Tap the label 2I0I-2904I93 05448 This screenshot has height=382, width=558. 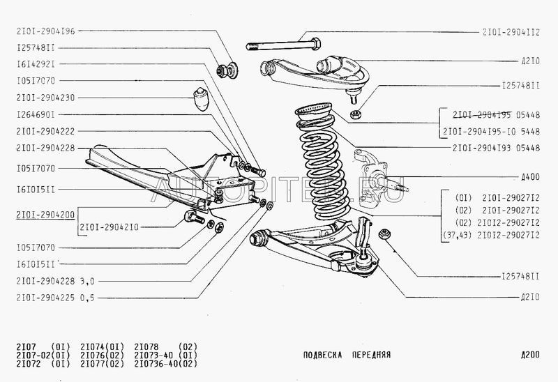pyautogui.click(x=497, y=148)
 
